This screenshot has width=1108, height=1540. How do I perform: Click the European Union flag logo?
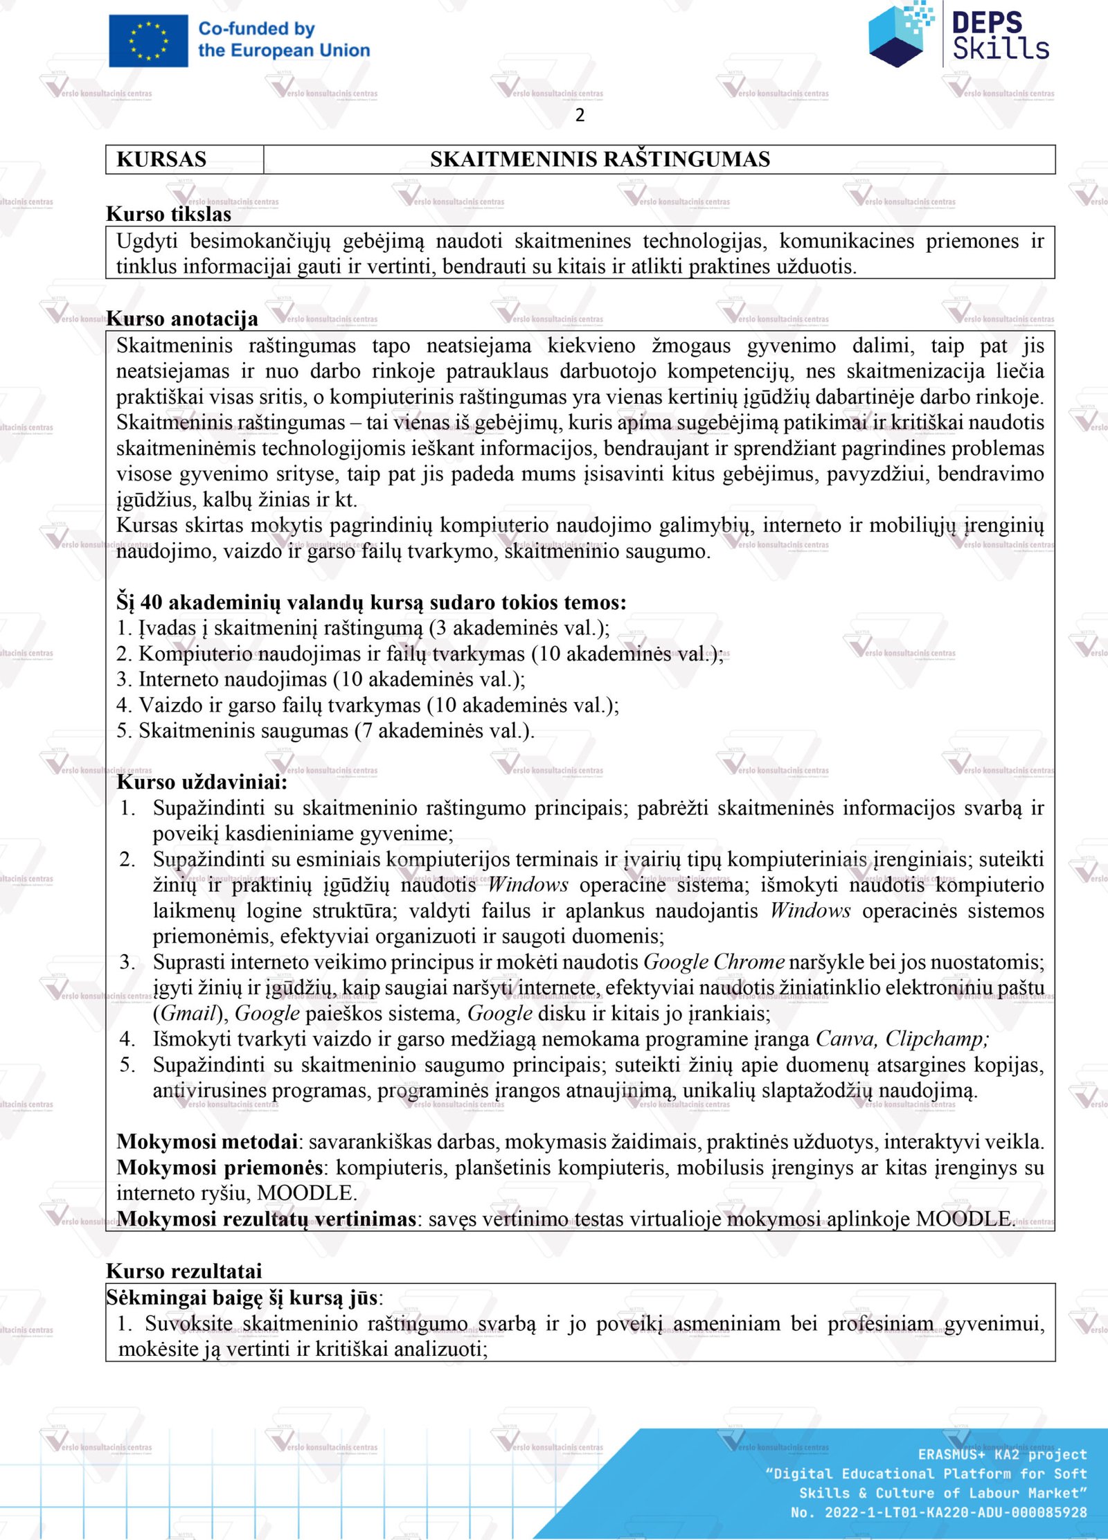[x=148, y=41]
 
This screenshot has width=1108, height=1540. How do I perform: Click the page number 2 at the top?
[x=580, y=115]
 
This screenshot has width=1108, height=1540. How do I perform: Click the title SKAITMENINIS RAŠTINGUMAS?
[x=600, y=159]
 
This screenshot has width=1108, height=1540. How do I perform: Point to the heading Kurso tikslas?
[x=168, y=214]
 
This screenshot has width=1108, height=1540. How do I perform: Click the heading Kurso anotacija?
[x=182, y=319]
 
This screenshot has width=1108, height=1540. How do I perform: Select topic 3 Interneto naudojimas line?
[x=321, y=679]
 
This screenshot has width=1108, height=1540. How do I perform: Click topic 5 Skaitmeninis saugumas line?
[x=325, y=731]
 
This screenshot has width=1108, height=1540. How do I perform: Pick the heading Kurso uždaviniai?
[x=202, y=782]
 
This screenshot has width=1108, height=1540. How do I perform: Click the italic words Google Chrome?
[x=714, y=962]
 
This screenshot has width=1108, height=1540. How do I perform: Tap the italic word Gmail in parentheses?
[x=188, y=1013]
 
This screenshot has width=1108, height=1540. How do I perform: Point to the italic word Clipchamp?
[x=936, y=1039]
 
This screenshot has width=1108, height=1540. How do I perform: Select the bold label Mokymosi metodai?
[x=207, y=1141]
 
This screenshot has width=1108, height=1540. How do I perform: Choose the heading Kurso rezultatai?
[x=184, y=1271]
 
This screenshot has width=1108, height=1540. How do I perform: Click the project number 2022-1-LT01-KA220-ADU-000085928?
[x=955, y=1512]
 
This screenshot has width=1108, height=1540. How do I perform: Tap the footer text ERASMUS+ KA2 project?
[x=1002, y=1454]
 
